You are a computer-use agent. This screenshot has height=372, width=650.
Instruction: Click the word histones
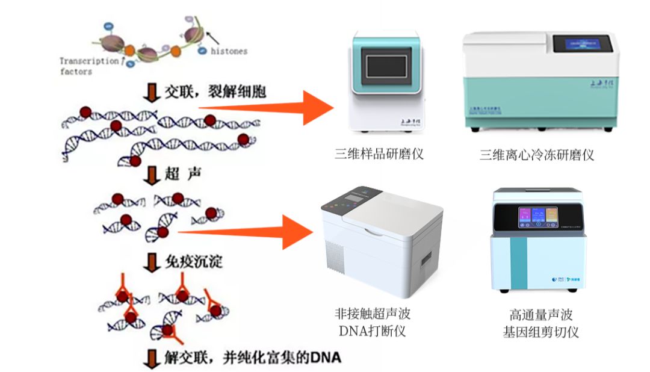[229, 51]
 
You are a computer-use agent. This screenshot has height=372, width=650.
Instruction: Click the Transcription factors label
[88, 66]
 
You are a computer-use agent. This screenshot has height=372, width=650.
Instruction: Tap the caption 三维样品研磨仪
[379, 154]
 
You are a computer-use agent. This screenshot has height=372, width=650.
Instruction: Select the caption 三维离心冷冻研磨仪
[537, 155]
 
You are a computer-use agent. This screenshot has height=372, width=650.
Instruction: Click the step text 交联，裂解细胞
[215, 92]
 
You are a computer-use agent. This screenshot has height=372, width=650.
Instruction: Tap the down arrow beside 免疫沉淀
[150, 262]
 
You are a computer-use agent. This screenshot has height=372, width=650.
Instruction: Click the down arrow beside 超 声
[150, 176]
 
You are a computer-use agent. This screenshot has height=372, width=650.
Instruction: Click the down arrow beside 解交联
[150, 359]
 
